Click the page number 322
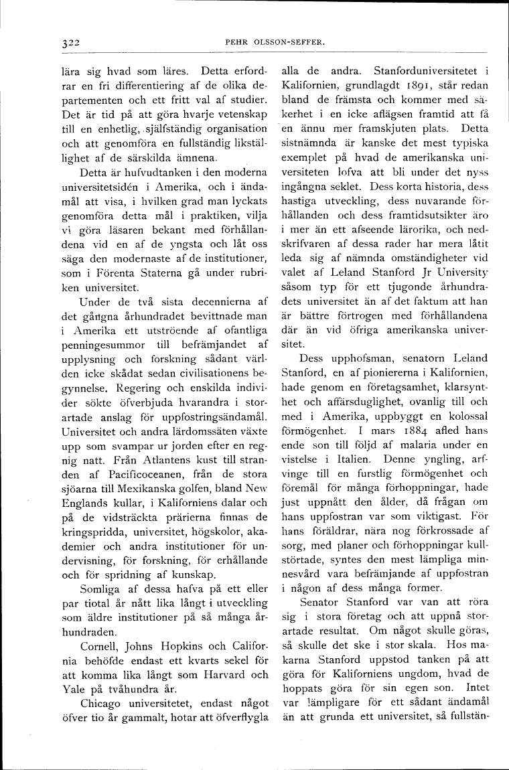point(68,42)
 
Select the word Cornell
point(99,647)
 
